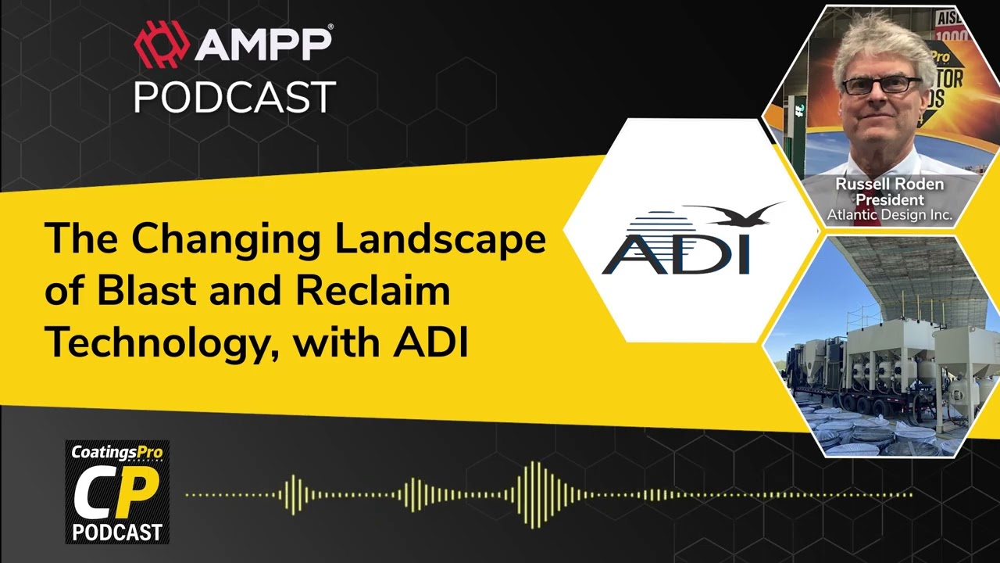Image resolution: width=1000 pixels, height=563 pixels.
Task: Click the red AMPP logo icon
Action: (x=162, y=44)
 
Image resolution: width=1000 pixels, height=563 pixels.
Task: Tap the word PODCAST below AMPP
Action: (x=234, y=97)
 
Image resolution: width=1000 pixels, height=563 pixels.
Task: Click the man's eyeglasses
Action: (x=881, y=84)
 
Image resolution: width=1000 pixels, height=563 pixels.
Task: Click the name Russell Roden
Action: (x=889, y=185)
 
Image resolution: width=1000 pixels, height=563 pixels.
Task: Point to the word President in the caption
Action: (x=889, y=200)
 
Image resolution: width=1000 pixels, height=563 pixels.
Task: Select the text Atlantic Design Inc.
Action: (x=890, y=214)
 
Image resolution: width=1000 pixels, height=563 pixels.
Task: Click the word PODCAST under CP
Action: (x=117, y=533)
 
